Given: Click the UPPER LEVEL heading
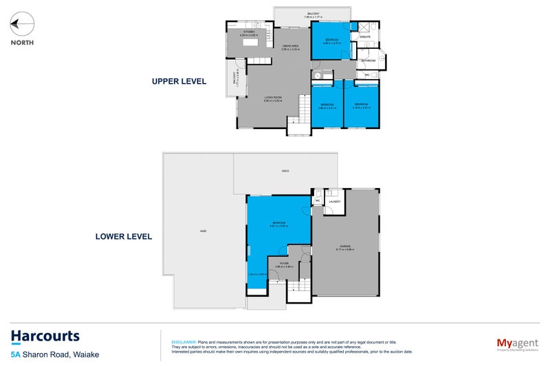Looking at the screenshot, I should coord(179,81).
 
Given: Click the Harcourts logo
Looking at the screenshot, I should coord(45,336).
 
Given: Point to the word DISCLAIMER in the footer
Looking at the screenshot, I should coord(183,341).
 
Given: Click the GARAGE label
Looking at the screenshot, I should coord(344,245).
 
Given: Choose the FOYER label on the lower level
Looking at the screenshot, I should coord(284,263).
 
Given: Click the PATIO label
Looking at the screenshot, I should coord(285,170).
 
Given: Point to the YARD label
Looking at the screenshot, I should coord(203,231).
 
